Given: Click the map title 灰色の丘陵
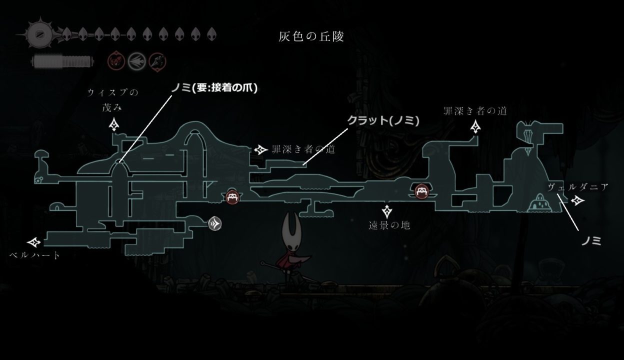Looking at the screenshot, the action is [x=311, y=36].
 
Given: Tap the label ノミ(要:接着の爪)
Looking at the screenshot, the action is [x=214, y=88].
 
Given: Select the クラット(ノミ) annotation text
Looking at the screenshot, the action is [x=383, y=120].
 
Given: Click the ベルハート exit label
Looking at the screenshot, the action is [x=35, y=255].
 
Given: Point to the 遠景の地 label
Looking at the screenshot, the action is [x=389, y=225].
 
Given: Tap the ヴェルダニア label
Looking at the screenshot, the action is [x=578, y=187].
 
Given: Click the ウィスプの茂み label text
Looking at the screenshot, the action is [x=113, y=100].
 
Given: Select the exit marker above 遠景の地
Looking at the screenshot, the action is [x=387, y=212].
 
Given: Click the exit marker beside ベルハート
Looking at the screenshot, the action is [x=34, y=242].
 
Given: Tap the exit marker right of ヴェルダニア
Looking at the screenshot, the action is [x=578, y=200].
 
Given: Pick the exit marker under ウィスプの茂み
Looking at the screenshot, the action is [x=114, y=124].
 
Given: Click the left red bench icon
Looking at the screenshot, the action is [x=232, y=197].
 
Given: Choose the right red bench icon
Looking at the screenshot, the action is [x=422, y=191].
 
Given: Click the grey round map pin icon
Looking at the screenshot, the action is [x=215, y=223].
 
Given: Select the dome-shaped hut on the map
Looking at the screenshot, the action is [x=540, y=203].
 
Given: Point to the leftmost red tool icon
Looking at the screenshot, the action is [x=116, y=61].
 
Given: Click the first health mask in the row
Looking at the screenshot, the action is [x=66, y=34].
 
